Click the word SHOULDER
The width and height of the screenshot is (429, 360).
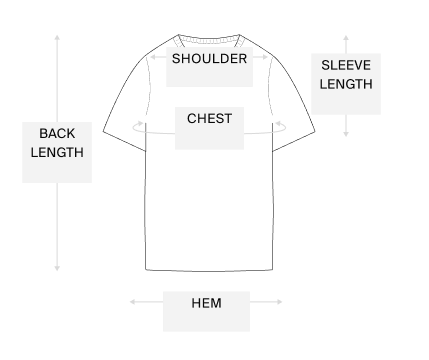click(209, 58)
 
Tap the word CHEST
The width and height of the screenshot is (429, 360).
click(210, 119)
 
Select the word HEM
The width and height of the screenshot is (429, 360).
click(206, 303)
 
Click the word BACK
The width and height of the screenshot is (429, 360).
click(57, 134)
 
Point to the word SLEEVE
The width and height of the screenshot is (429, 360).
click(346, 66)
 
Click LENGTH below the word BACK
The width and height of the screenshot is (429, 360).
click(57, 153)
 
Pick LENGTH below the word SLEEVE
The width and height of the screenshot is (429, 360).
click(346, 84)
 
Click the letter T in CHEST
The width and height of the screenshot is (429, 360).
click(228, 119)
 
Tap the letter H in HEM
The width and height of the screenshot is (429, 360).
click(196, 303)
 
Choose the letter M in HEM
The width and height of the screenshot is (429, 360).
click(216, 303)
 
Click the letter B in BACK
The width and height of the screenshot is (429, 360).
click(43, 134)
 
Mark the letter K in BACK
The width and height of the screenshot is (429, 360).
click(70, 134)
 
